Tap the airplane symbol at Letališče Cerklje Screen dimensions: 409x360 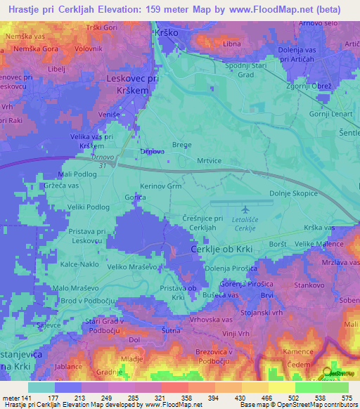point(245,209)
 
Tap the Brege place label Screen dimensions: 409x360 point(182,144)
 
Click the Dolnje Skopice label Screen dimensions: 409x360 point(293,193)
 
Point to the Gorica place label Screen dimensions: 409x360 point(135,199)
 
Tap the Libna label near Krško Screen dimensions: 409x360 point(231,44)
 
